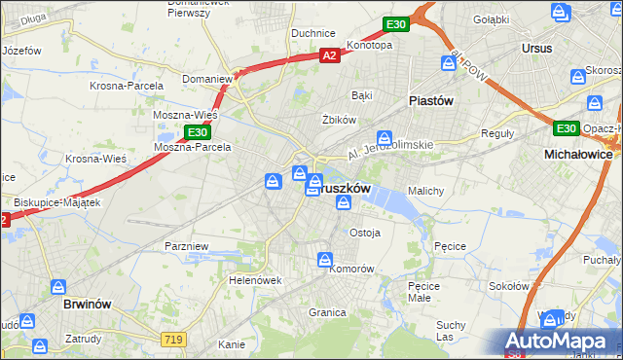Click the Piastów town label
pos(430,100)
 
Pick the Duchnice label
pos(313,33)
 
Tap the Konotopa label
pos(369,45)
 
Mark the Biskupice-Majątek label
pos(55,203)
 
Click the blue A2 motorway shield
pos(330,56)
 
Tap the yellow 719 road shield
pos(174,338)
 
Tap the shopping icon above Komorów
pos(324,259)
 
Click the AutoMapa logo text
pos(559,341)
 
